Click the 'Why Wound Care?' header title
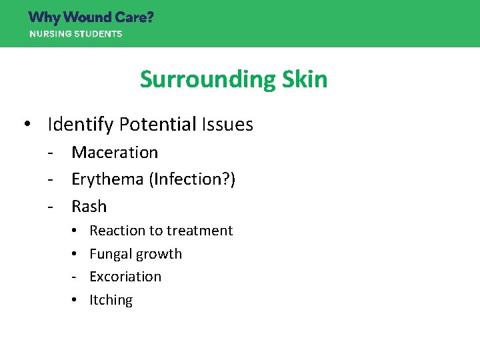point(91,17)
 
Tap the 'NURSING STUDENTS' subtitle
point(75,34)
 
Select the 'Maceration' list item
point(115,153)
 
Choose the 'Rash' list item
point(89,207)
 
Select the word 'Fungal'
point(110,254)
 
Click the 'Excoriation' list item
point(125,277)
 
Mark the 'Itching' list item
point(111,300)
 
